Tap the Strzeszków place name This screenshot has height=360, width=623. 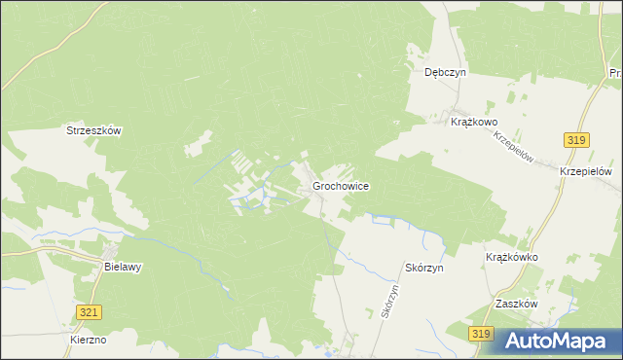click(x=92, y=130)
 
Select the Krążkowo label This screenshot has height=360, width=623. click(x=475, y=122)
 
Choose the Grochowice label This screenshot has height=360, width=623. click(x=340, y=185)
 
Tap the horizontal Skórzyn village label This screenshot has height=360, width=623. click(x=423, y=267)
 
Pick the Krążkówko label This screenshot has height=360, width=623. click(x=512, y=258)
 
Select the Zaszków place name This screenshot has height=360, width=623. click(x=516, y=304)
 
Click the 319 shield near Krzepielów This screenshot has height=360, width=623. click(x=575, y=141)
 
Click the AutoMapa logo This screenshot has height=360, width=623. click(x=559, y=340)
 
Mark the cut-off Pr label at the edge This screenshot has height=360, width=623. click(x=615, y=73)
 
